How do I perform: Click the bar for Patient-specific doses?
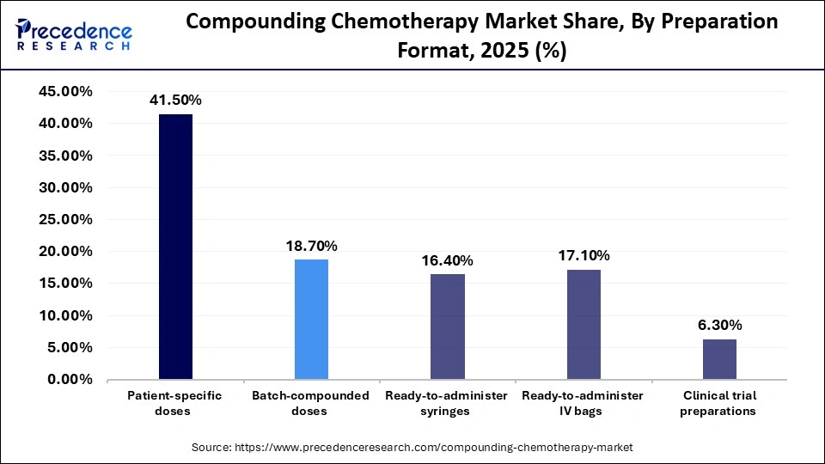pos(175,247)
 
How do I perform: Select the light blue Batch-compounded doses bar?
pos(311,319)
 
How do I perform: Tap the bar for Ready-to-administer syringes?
pos(447,327)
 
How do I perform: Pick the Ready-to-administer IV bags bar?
pos(584,324)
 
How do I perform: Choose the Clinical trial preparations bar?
pos(719,359)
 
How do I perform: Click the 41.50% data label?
pos(175,100)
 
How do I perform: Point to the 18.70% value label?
pos(311,246)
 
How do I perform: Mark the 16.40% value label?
pos(447,260)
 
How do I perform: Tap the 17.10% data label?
pos(584,255)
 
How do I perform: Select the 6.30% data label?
pos(719,325)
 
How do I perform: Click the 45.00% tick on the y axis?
pos(65,91)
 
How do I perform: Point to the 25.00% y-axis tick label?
pos(65,219)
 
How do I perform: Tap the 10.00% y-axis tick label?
pos(65,315)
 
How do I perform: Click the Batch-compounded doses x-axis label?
pos(311,403)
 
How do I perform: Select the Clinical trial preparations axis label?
pos(719,403)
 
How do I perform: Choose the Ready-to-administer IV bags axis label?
pos(584,403)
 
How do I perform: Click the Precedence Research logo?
pos(74,34)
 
